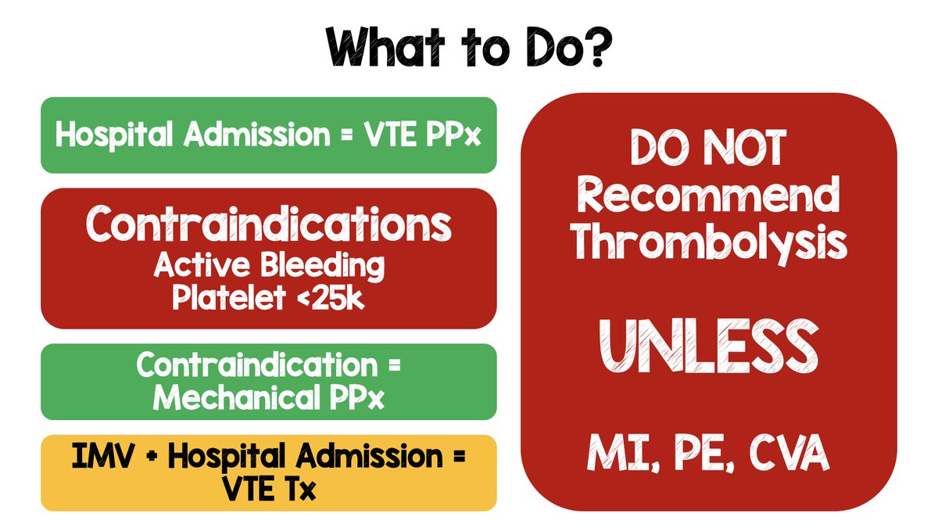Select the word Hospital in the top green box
[x=114, y=135]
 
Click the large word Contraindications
[x=268, y=224]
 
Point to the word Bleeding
[x=322, y=266]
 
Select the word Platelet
[x=229, y=298]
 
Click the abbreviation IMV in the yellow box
[x=103, y=456]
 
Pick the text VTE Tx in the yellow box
[x=268, y=489]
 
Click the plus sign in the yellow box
[x=152, y=457]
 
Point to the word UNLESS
[x=708, y=346]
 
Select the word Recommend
[x=708, y=195]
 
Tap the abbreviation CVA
[x=789, y=453]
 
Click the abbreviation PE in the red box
[x=703, y=453]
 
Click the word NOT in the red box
[x=744, y=147]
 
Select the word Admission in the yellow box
[x=368, y=456]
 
